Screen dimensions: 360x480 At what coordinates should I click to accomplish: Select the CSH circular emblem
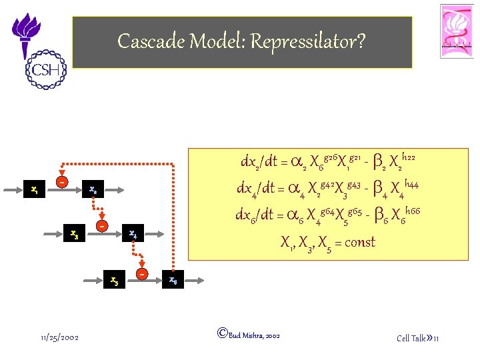click(45, 70)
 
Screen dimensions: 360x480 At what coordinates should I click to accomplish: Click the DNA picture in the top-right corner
click(457, 31)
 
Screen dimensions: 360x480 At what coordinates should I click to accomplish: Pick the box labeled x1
click(34, 190)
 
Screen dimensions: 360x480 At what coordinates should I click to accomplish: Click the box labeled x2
click(93, 190)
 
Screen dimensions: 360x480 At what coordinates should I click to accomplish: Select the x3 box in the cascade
click(75, 234)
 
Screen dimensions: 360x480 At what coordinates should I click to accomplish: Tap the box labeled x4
click(133, 234)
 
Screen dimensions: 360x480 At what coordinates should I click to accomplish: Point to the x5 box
click(115, 279)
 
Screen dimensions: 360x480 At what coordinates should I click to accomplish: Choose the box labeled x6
click(173, 279)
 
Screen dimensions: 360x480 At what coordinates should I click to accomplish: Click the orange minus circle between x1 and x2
click(61, 181)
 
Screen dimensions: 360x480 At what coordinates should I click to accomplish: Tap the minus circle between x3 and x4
click(101, 226)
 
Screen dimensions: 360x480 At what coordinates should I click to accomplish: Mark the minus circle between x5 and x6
click(142, 273)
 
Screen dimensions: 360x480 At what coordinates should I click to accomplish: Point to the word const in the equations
click(359, 242)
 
